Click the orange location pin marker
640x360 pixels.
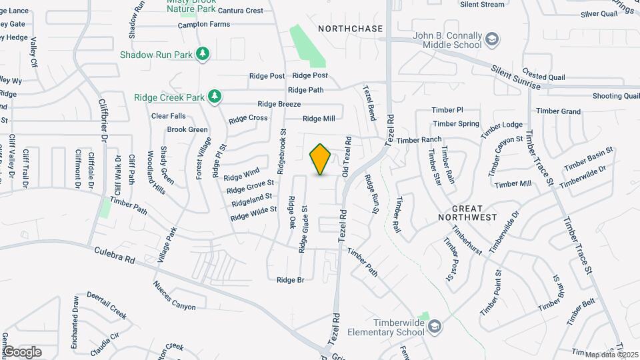[321, 159]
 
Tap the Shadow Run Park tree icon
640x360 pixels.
[203, 54]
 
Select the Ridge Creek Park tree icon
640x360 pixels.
[214, 97]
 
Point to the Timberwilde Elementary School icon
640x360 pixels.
[435, 326]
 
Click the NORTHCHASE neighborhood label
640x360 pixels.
[351, 29]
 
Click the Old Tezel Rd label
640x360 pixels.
[346, 157]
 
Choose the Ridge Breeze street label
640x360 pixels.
[279, 104]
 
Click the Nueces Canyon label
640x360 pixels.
[174, 297]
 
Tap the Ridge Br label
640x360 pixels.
[290, 280]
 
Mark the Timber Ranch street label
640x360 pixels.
[419, 140]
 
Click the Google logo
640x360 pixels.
[23, 352]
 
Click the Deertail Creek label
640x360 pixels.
[106, 305]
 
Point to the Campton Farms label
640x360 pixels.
[203, 25]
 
